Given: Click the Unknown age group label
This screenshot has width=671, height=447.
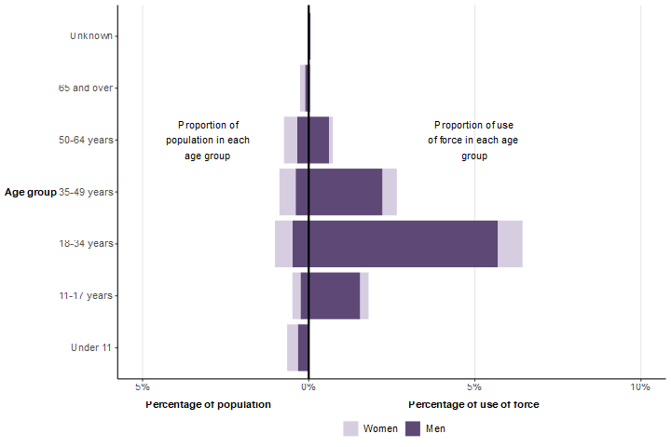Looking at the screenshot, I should coord(91,35).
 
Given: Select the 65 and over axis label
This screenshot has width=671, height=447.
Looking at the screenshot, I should coord(86,88).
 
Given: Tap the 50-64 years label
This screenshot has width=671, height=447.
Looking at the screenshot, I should coord(86,140).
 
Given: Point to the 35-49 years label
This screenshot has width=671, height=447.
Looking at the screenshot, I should coord(86,192).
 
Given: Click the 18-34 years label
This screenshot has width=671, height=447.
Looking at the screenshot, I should coord(86,244).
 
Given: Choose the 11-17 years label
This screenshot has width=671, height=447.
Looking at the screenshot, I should coord(86,296).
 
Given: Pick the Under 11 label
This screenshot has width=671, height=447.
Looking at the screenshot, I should coord(91,348).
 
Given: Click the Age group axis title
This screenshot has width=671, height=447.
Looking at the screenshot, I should coord(30,192).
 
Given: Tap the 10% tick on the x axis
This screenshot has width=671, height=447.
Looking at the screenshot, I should coord(639,386).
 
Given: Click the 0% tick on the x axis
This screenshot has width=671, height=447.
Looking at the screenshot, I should coord(308,386).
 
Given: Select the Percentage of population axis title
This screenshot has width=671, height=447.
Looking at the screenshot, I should coord(209,404).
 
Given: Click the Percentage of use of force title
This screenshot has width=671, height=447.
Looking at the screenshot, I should coord(473,404).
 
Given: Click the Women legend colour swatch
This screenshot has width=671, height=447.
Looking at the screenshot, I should coord(350,428).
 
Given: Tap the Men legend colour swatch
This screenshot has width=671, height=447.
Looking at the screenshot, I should coord(414,428).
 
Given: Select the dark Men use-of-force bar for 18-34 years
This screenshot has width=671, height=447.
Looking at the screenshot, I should coord(403,244).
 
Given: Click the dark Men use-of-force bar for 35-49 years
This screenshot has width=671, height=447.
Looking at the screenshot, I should coord(345,192).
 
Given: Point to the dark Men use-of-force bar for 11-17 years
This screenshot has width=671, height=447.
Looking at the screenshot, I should coord(334,296).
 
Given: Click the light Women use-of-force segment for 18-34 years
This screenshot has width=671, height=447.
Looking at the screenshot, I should coord(510,244).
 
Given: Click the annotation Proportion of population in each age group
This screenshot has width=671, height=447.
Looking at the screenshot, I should coord(208,140).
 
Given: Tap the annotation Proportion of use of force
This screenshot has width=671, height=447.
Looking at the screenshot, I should coord(473,140).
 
